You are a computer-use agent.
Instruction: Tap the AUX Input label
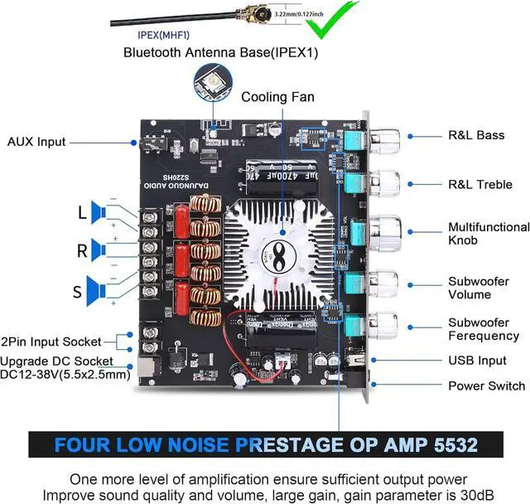pyautogui.click(x=36, y=142)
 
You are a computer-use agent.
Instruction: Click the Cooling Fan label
pyautogui.click(x=277, y=97)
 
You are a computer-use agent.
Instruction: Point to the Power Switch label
pyautogui.click(x=486, y=385)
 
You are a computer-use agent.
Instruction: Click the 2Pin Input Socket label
pyautogui.click(x=51, y=341)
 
